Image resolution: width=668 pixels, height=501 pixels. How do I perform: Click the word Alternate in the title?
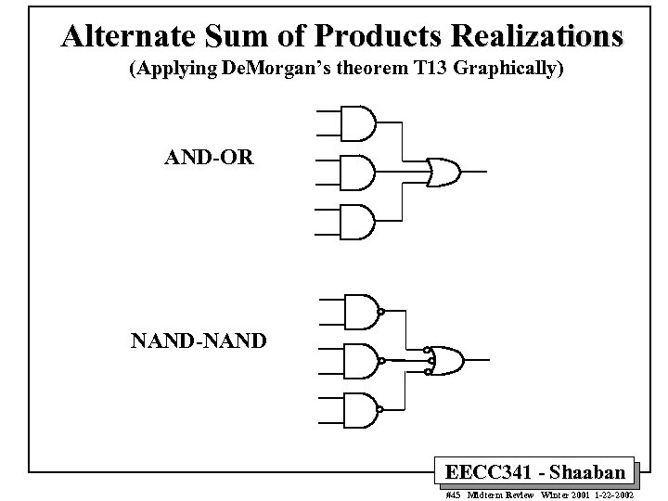[x=128, y=36]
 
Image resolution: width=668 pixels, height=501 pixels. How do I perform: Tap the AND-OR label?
[x=207, y=156]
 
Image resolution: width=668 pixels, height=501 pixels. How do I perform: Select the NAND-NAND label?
[x=199, y=341]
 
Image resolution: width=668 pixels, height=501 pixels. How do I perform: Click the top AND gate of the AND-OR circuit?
[x=358, y=121]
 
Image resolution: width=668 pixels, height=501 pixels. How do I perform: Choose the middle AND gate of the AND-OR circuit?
[x=358, y=172]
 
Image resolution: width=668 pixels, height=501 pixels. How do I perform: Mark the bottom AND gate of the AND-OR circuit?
[x=358, y=222]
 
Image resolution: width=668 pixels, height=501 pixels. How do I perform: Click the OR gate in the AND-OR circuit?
[x=443, y=172]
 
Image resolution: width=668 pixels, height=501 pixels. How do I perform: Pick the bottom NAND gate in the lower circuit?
[x=360, y=409]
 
